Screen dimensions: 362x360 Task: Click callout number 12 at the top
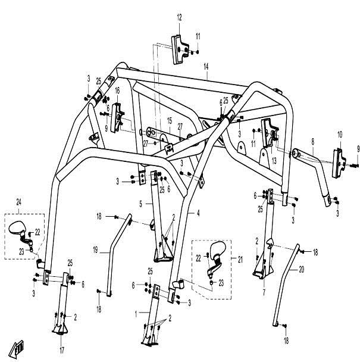(x=179, y=18)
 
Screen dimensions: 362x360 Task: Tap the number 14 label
(x=206, y=66)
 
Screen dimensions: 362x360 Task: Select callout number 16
(x=117, y=90)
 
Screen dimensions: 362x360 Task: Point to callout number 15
(x=168, y=120)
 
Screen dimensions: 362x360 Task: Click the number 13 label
(x=275, y=160)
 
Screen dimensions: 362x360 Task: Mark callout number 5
(x=140, y=203)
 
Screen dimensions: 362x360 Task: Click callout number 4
(x=198, y=213)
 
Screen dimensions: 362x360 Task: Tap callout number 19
(x=94, y=252)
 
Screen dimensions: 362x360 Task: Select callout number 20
(x=301, y=270)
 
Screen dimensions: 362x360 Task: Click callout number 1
(x=137, y=313)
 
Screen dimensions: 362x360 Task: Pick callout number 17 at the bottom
(x=61, y=349)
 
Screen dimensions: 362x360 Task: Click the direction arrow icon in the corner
(x=17, y=347)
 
